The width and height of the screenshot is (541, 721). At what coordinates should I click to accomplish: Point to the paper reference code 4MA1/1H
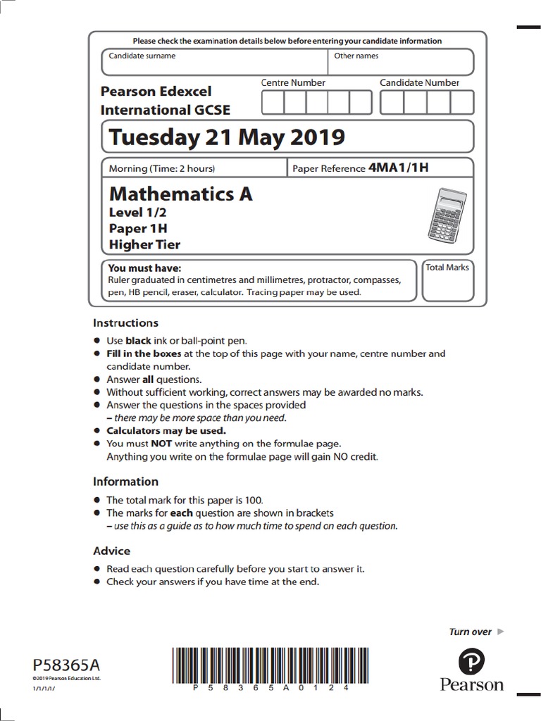tap(399, 168)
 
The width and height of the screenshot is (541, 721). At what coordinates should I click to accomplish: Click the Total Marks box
tap(447, 280)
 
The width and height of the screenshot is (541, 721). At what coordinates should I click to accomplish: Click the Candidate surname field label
tap(142, 56)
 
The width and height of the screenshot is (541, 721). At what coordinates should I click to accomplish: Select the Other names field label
tap(356, 56)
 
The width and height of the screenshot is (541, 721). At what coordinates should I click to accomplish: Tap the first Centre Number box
tap(273, 103)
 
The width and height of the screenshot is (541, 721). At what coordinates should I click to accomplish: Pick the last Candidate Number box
tap(462, 103)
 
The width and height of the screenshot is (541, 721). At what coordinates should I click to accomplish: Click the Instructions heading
tap(126, 323)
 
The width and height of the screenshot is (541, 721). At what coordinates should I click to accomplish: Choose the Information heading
tap(126, 482)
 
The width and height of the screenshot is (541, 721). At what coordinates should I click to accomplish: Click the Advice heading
tap(112, 551)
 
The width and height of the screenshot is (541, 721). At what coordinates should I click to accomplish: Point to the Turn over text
tap(470, 632)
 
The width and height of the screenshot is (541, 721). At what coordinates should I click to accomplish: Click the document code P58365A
tap(67, 665)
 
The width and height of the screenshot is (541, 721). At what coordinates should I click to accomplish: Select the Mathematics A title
tap(180, 194)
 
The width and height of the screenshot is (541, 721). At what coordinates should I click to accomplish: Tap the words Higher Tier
tap(144, 244)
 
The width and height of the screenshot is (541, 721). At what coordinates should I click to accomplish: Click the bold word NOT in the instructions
tap(161, 444)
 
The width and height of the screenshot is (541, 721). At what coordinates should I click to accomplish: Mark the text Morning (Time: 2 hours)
tap(162, 168)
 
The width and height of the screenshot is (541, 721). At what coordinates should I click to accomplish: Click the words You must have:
tap(144, 268)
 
